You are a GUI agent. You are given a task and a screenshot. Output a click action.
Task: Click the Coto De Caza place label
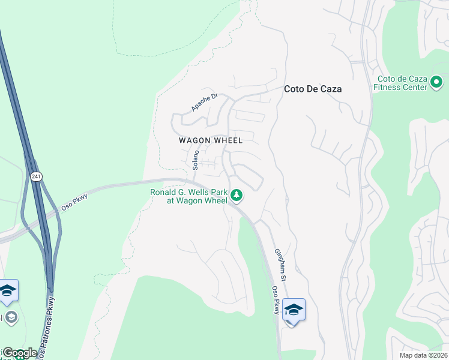[x=312, y=89]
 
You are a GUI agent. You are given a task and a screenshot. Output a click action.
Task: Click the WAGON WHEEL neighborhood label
[x=211, y=140]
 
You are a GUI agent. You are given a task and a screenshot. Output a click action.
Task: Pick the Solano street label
[x=195, y=158]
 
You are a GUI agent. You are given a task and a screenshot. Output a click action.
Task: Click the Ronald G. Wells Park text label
[x=188, y=196]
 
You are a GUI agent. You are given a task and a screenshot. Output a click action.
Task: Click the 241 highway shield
[x=37, y=176]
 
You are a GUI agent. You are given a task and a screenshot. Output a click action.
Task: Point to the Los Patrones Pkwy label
[x=49, y=324]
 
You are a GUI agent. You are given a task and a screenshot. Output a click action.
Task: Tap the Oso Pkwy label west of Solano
[x=74, y=202]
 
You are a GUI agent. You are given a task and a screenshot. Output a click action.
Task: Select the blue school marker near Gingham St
[x=294, y=310]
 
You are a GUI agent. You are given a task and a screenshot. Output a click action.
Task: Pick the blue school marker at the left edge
[x=8, y=291]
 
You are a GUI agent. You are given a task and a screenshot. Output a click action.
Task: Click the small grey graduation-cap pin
[x=10, y=317]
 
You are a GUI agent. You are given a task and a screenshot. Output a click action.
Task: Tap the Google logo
[x=20, y=353]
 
